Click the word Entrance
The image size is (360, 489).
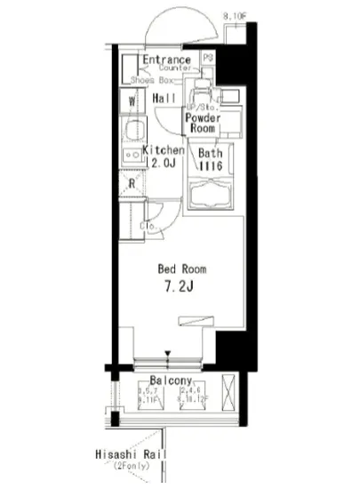[166, 60]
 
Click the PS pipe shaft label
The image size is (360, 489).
[208, 59]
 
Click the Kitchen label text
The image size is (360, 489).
[164, 150]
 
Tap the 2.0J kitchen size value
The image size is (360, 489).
[164, 164]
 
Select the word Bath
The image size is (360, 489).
[211, 153]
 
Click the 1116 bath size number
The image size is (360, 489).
[211, 165]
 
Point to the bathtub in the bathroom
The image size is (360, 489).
[211, 198]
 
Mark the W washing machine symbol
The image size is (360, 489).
[132, 100]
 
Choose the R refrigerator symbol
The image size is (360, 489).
[131, 184]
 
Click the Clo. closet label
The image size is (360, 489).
[148, 225]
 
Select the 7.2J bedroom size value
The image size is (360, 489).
[181, 286]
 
